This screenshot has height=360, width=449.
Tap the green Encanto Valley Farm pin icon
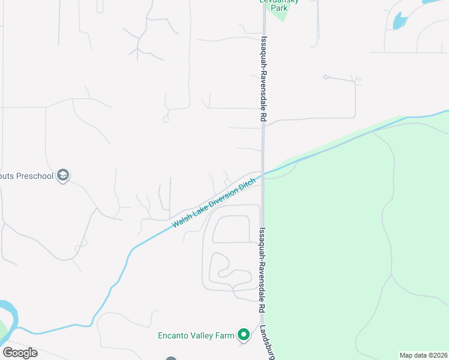click(x=243, y=335)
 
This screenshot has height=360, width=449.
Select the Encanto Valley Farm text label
click(x=196, y=335)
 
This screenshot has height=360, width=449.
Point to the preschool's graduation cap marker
click(x=63, y=176)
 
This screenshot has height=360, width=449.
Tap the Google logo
click(x=20, y=352)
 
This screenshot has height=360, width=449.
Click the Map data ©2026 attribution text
click(x=424, y=355)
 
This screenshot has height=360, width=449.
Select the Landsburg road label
click(x=268, y=342)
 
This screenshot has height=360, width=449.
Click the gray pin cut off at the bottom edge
click(x=171, y=359)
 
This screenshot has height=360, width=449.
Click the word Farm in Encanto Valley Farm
click(x=225, y=335)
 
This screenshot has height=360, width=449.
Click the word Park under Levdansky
click(x=279, y=8)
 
